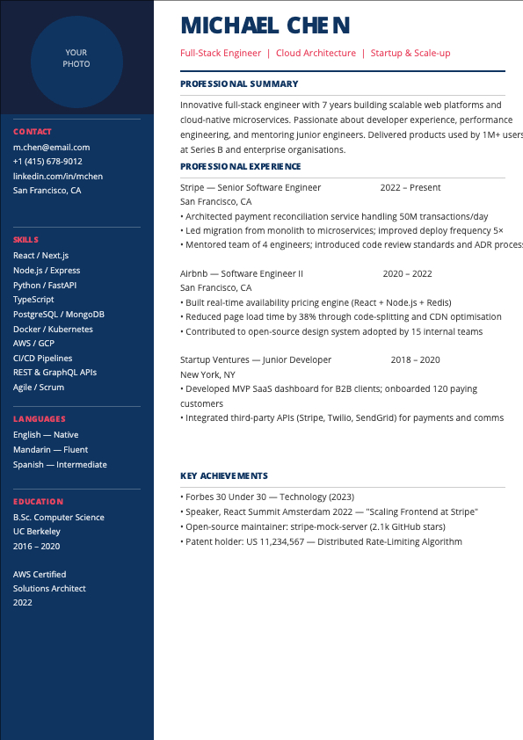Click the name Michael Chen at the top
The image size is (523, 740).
tap(265, 25)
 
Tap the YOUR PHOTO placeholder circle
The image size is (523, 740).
tap(76, 58)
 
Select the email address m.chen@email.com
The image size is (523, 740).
tap(51, 147)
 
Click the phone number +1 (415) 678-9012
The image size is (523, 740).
tap(47, 162)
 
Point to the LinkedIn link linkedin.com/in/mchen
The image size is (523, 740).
tap(58, 176)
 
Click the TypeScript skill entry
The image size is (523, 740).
tap(33, 300)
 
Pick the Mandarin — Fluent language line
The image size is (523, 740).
tap(50, 450)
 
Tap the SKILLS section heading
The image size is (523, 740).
tap(25, 239)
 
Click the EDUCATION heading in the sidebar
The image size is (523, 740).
tap(38, 502)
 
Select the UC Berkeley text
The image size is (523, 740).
tap(37, 532)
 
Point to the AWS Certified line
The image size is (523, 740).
tap(40, 575)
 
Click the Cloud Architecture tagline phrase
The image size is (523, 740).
tap(316, 54)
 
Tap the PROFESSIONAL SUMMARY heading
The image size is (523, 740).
tap(239, 84)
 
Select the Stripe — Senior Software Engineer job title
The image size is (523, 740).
tap(251, 187)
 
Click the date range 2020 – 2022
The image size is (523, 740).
tap(407, 273)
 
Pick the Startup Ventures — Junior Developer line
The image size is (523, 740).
tap(256, 359)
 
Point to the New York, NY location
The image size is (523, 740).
tap(207, 374)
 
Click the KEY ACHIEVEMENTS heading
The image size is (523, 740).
tap(224, 476)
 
